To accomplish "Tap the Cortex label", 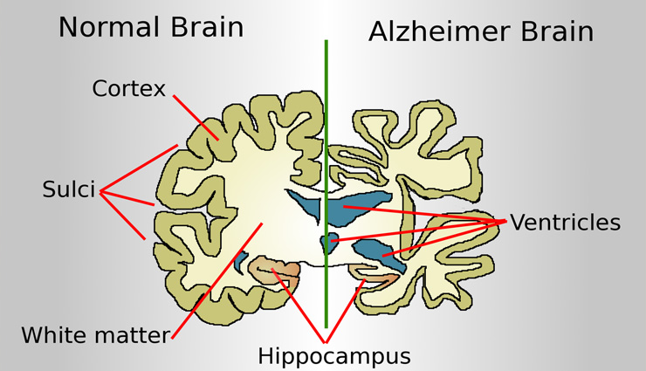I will coord(128,88).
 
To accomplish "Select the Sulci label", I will coord(68,189).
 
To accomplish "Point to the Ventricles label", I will coord(565,223).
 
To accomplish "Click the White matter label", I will coord(95,334).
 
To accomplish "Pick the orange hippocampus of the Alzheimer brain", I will coord(384,281).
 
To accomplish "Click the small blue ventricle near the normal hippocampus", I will coord(242,260).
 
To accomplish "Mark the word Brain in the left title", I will coord(203,27).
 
